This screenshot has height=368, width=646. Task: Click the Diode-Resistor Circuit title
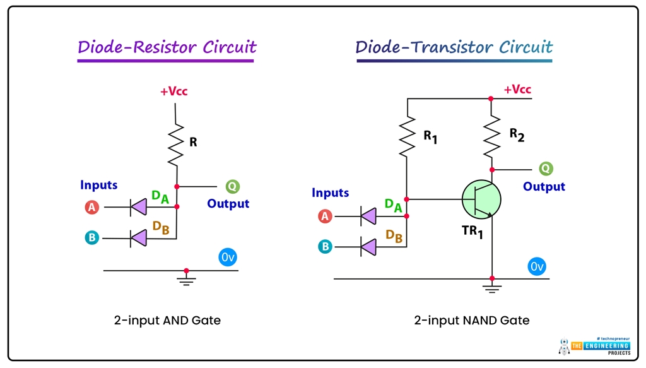pyautogui.click(x=167, y=47)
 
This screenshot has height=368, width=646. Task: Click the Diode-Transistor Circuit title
pyautogui.click(x=454, y=47)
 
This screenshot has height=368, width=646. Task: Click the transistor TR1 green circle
pyautogui.click(x=481, y=199)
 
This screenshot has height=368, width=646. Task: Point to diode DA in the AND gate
pyautogui.click(x=138, y=206)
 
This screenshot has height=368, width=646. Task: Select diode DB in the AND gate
pyautogui.click(x=138, y=238)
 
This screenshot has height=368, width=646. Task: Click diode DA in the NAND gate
pyautogui.click(x=368, y=217)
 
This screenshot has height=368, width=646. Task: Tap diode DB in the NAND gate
pyautogui.click(x=368, y=246)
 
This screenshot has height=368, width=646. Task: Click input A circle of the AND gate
pyautogui.click(x=92, y=207)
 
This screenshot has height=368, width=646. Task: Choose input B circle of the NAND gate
pyautogui.click(x=325, y=246)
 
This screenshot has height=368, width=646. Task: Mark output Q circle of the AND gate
pyautogui.click(x=233, y=187)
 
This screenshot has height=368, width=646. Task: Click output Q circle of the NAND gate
pyautogui.click(x=546, y=169)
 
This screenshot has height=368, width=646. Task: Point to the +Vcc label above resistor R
pyautogui.click(x=173, y=92)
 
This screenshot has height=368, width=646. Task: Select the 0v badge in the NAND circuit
pyautogui.click(x=536, y=266)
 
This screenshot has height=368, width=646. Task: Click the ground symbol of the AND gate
pyautogui.click(x=185, y=279)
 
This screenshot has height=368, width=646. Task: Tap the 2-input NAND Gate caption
pyautogui.click(x=471, y=321)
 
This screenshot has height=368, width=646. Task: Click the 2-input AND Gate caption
pyautogui.click(x=167, y=321)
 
